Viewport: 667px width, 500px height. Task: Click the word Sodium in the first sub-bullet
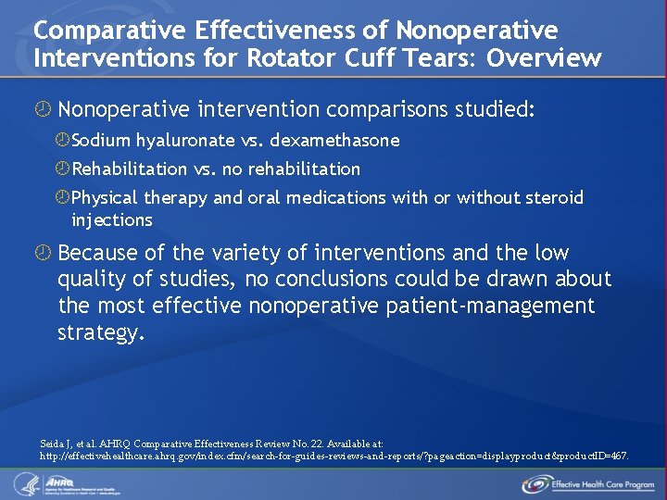click(101, 141)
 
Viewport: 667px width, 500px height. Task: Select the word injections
click(112, 220)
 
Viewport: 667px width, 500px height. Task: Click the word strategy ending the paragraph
click(101, 332)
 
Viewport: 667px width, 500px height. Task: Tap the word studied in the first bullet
click(494, 110)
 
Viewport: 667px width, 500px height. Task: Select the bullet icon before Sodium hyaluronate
click(62, 141)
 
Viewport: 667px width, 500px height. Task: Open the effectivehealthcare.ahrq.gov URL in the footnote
click(333, 456)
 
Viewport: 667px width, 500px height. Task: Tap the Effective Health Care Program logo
click(588, 483)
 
